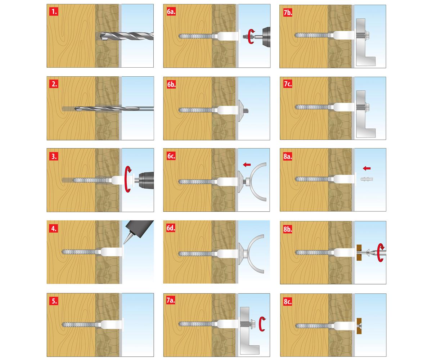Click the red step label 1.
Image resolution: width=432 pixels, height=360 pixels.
click(x=54, y=12)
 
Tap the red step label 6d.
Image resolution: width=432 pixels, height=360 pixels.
click(x=171, y=228)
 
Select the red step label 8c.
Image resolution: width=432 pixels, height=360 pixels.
click(x=288, y=302)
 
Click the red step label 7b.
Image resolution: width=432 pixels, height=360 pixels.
click(x=288, y=13)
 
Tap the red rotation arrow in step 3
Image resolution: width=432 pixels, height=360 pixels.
click(x=128, y=179)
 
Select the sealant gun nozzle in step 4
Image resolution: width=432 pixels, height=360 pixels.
click(x=128, y=238)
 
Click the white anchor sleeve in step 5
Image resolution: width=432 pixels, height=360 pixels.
click(x=112, y=324)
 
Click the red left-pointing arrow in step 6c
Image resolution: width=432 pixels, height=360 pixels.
click(x=247, y=165)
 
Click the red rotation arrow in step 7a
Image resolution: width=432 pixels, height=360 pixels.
click(x=262, y=324)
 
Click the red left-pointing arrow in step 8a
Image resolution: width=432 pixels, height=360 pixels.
click(x=366, y=168)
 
